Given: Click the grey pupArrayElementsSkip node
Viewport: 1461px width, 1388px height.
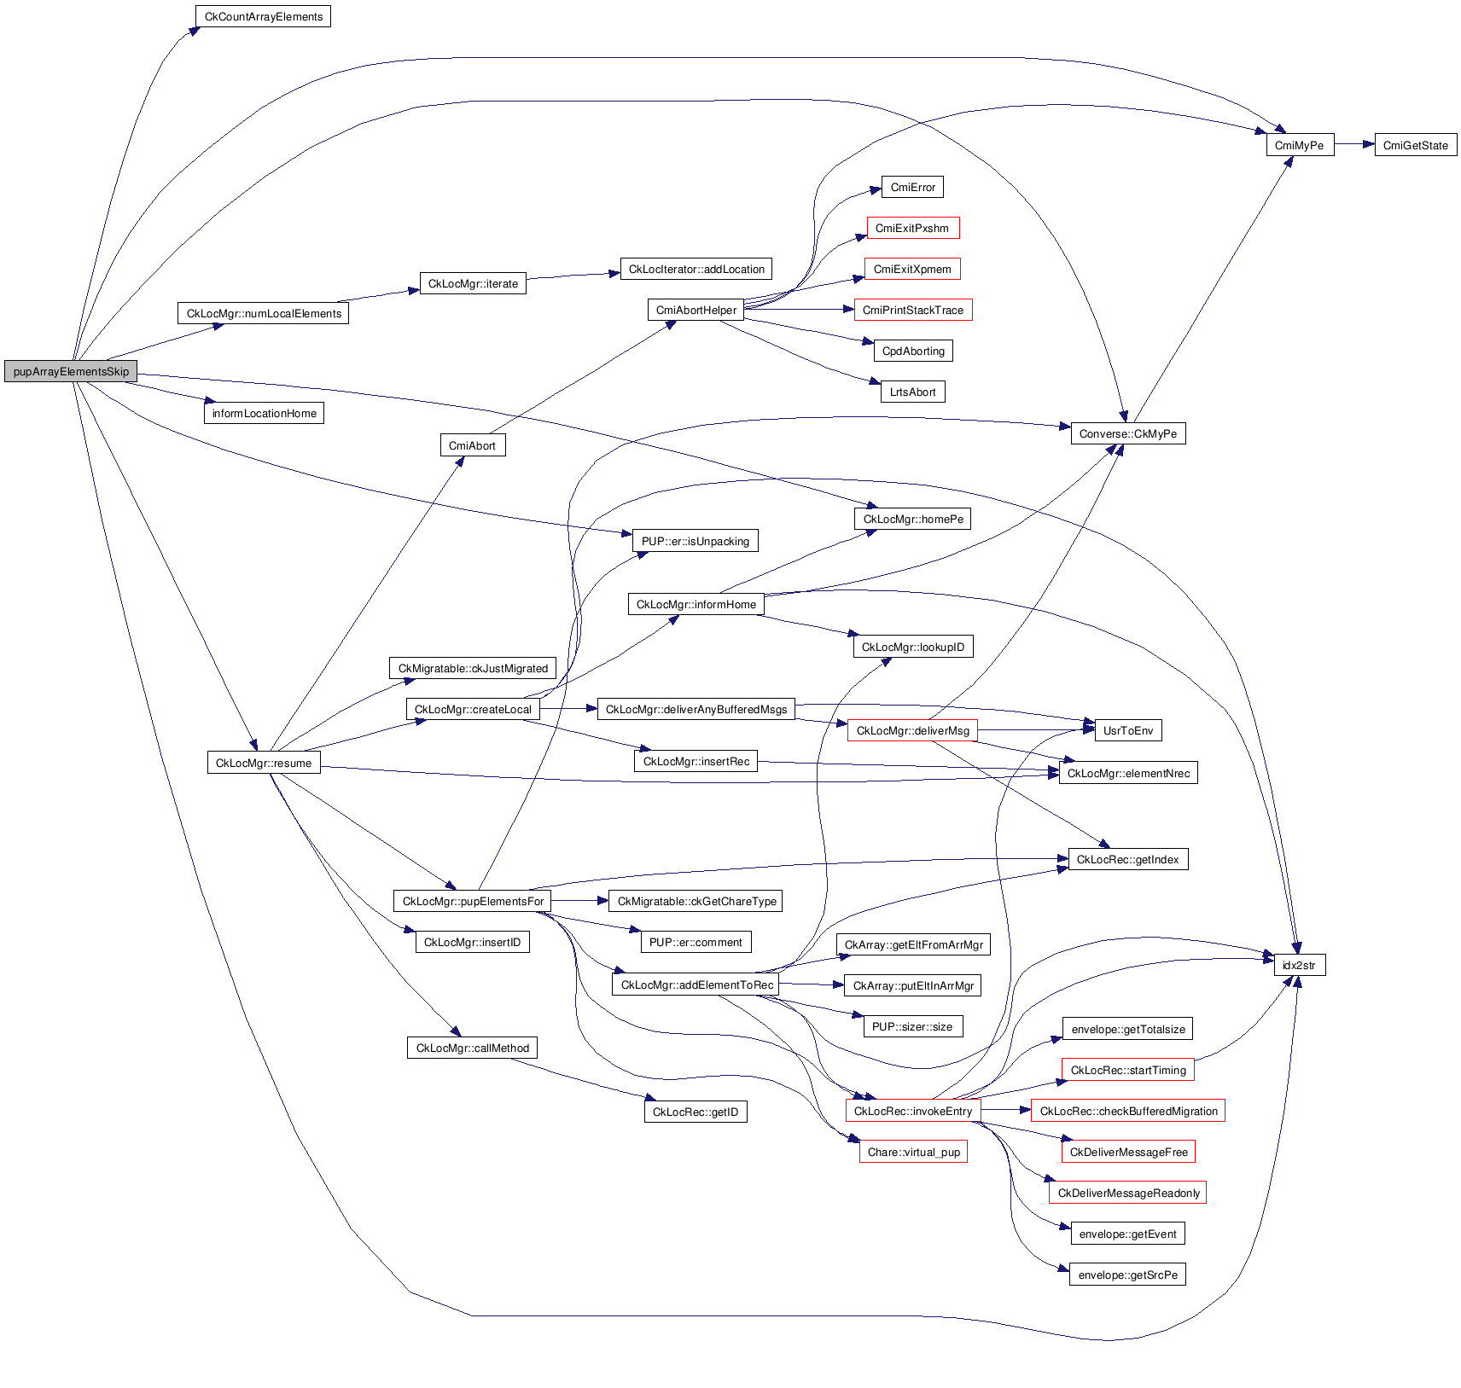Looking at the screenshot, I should pyautogui.click(x=71, y=371).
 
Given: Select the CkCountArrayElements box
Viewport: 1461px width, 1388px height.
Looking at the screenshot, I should pyautogui.click(x=263, y=16).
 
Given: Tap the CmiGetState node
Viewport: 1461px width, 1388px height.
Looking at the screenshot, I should pyautogui.click(x=1415, y=145).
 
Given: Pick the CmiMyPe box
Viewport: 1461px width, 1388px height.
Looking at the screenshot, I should pyautogui.click(x=1299, y=145).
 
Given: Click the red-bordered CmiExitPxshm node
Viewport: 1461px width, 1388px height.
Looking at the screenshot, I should pyautogui.click(x=912, y=228).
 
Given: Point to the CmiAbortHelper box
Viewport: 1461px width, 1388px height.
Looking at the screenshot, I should pyautogui.click(x=696, y=310).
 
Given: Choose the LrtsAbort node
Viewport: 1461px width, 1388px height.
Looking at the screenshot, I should pyautogui.click(x=912, y=392).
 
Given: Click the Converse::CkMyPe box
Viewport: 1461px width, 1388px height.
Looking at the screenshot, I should pyautogui.click(x=1127, y=433).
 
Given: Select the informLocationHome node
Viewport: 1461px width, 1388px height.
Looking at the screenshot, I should pyautogui.click(x=264, y=413).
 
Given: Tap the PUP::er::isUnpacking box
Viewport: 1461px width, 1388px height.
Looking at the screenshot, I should pyautogui.click(x=695, y=541).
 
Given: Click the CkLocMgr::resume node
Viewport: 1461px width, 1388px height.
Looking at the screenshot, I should pyautogui.click(x=264, y=763).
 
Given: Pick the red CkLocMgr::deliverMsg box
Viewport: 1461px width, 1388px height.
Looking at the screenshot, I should pyautogui.click(x=912, y=730).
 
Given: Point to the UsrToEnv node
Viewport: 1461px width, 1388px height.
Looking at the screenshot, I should pyautogui.click(x=1127, y=730).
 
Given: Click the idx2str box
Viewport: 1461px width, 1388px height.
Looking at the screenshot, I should pyautogui.click(x=1299, y=965).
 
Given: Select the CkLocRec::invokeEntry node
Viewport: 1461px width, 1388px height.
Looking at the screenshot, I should pyautogui.click(x=912, y=1111).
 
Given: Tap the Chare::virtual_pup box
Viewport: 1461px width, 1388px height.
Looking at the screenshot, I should pyautogui.click(x=913, y=1152).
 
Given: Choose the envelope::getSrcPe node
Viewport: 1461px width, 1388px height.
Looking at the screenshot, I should pyautogui.click(x=1127, y=1275).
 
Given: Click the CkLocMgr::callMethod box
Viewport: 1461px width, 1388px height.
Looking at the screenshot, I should pyautogui.click(x=472, y=1048).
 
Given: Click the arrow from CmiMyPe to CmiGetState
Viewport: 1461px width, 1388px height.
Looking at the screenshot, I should pyautogui.click(x=1353, y=145).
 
